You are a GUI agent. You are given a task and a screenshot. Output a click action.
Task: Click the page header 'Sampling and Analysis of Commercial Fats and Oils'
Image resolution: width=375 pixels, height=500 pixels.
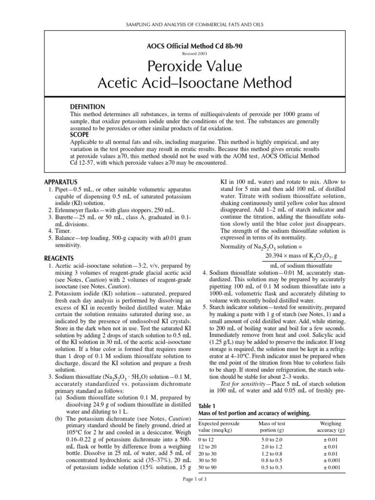coord(187,24)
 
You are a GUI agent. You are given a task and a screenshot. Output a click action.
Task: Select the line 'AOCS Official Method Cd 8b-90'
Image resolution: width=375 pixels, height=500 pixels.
coord(187,46)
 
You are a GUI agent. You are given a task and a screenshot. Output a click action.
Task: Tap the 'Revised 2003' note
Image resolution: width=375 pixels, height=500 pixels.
coord(187,54)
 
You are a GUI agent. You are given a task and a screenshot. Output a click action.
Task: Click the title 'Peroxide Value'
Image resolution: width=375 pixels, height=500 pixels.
coord(187,66)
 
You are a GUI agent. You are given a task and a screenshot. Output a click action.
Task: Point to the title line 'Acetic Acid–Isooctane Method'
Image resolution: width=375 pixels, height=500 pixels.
coord(187,83)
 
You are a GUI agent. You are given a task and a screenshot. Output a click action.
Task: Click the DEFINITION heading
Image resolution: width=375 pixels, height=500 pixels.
coord(88,106)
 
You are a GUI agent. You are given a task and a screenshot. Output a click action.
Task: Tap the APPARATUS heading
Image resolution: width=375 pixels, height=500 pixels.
coord(61,182)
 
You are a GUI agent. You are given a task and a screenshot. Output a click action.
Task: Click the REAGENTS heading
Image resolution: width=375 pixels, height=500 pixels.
coord(59,258)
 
